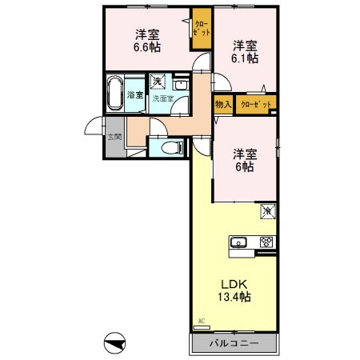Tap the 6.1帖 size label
click(246, 58)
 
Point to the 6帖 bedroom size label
click(244, 167)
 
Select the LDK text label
click(233, 283)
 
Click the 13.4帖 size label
click(233, 298)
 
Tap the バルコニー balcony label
click(234, 344)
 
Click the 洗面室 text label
click(163, 98)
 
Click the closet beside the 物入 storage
click(255, 104)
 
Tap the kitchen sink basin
click(240, 243)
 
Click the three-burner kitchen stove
click(266, 243)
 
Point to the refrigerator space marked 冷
click(267, 211)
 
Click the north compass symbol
click(116, 344)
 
